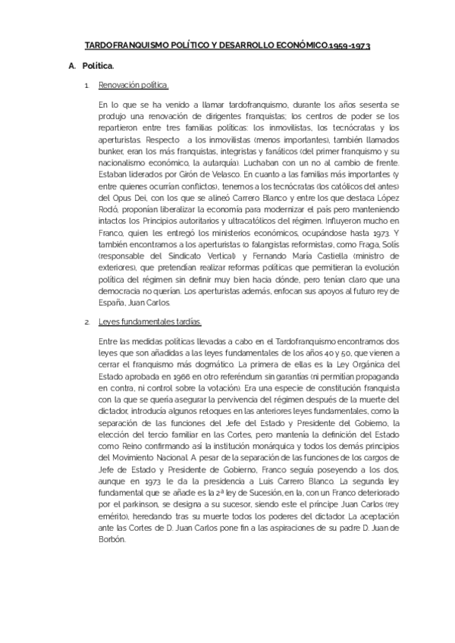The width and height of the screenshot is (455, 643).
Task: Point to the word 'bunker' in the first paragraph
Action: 112,152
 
